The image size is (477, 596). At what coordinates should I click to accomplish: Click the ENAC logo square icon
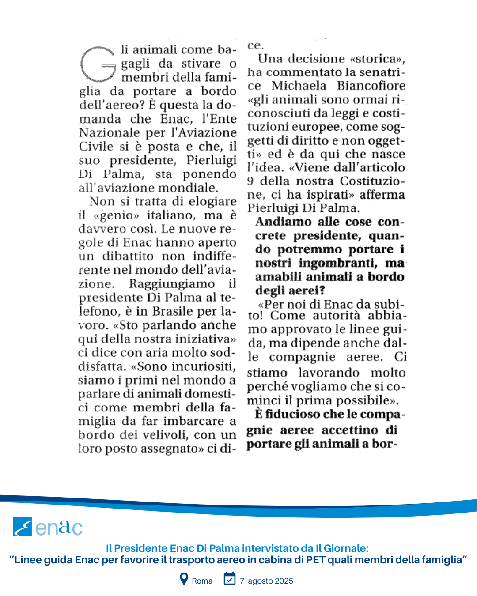coord(22,526)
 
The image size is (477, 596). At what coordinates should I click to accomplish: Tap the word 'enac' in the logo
coord(59,527)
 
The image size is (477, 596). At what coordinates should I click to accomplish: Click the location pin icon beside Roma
coord(184,579)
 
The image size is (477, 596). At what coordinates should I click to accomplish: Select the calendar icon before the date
coord(230,578)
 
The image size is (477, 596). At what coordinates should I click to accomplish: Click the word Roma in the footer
coord(202,581)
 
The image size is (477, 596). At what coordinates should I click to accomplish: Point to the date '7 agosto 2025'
coord(266,581)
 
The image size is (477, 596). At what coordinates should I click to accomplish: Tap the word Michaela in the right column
coord(299,86)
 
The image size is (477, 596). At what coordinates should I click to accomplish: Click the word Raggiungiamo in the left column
coord(172,283)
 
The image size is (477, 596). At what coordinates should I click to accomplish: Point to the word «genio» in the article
coord(116,215)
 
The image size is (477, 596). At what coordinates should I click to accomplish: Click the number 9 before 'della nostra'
coord(250,181)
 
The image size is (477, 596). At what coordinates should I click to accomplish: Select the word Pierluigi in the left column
coord(211,160)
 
